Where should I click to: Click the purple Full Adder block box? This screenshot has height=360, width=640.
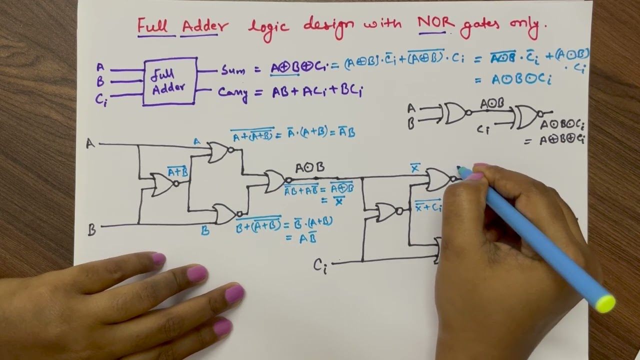(x=170, y=81)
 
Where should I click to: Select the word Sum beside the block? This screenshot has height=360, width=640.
(x=233, y=70)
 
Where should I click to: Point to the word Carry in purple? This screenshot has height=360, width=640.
(x=233, y=93)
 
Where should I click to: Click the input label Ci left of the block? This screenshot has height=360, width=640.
(x=101, y=98)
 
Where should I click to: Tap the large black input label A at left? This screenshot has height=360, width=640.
(x=90, y=144)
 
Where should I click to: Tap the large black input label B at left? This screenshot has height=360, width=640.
(x=91, y=230)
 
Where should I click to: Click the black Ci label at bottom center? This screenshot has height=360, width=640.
(x=320, y=265)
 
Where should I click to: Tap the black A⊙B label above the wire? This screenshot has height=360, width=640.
(x=309, y=167)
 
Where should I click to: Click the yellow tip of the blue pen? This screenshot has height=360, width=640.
(x=605, y=303)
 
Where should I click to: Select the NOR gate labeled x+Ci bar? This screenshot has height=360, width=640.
(x=388, y=212)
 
